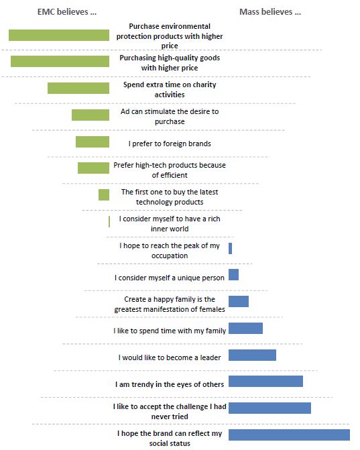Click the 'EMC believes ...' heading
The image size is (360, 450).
click(x=67, y=12)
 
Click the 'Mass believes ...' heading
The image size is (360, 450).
click(x=270, y=12)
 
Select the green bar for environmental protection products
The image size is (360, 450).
click(x=59, y=36)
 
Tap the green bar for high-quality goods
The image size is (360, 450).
click(x=60, y=62)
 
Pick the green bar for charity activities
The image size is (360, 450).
click(x=78, y=88)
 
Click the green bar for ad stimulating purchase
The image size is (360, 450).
click(x=91, y=115)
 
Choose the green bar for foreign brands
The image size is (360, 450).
click(x=93, y=142)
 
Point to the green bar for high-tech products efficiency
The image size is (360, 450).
click(x=93, y=168)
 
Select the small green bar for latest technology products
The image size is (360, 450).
click(x=104, y=195)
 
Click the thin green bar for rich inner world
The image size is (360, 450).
click(x=109, y=221)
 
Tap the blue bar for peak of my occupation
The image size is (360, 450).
click(x=231, y=249)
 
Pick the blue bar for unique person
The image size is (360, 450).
click(x=233, y=275)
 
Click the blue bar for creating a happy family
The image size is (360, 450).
click(x=239, y=301)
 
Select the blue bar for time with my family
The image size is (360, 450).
click(x=245, y=329)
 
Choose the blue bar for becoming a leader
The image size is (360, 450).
click(x=253, y=355)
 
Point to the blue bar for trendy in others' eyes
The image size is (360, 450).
click(x=265, y=381)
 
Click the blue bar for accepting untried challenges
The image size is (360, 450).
click(x=269, y=408)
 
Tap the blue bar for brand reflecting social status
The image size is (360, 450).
click(x=289, y=435)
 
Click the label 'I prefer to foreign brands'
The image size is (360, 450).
click(x=170, y=144)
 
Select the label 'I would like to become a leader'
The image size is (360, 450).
click(x=170, y=357)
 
